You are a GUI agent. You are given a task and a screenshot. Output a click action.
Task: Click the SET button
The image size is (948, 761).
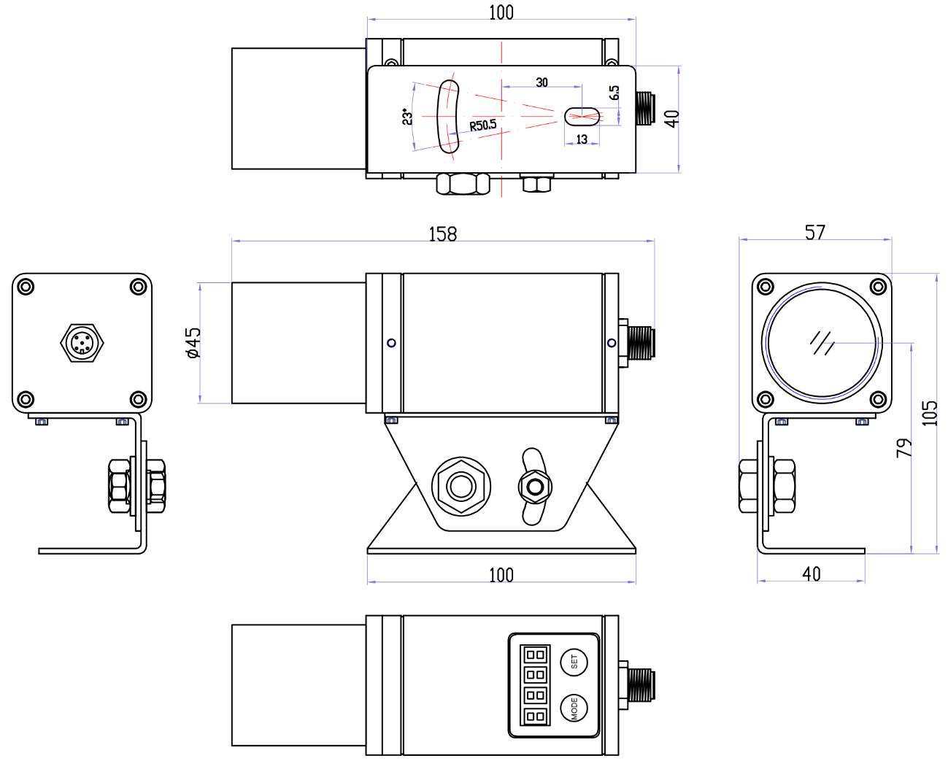coord(574,663)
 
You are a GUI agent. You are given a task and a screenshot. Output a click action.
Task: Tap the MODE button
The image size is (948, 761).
coord(574,708)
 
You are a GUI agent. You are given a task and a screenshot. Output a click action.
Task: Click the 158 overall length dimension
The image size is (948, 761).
coord(442,233)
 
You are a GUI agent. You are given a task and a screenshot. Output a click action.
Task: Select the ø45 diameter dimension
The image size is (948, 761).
coord(193,342)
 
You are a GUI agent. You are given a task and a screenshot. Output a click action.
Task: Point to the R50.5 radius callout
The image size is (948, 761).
coord(482,125)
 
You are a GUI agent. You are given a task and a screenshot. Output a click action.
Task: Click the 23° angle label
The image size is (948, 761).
coord(406,117)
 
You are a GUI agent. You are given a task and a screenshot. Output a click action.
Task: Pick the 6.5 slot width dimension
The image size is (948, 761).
coord(614,93)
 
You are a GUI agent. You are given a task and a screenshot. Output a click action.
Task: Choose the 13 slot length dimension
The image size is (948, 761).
coord(582,139)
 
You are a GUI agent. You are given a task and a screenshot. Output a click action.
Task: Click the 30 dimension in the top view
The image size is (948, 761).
coord(542,82)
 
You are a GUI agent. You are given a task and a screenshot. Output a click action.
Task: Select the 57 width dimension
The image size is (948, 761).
coord(814,232)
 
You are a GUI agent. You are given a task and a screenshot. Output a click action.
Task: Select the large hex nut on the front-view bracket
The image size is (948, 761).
coord(461,485)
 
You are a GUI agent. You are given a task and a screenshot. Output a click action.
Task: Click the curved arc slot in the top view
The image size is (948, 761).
coord(447,117)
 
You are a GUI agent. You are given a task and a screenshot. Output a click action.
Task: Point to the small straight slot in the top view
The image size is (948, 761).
coord(582,115)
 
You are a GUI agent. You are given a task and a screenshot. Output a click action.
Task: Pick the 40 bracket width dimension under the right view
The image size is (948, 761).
coord(811,573)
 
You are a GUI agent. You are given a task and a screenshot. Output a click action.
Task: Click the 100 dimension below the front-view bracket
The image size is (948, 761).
coord(501,575)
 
